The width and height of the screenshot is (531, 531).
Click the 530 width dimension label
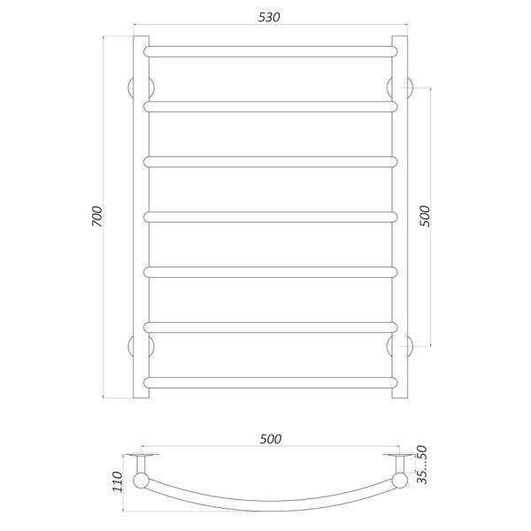[x=269, y=18]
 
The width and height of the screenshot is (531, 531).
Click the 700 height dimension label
[x=96, y=216]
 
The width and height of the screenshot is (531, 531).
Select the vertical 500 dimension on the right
[x=424, y=216]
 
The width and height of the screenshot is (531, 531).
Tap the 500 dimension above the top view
[x=271, y=439]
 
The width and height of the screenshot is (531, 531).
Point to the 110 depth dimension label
[x=117, y=482]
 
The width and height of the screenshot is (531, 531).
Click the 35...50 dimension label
[x=422, y=465]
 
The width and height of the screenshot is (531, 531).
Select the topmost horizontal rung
[x=270, y=51]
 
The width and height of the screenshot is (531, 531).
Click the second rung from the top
[x=270, y=107]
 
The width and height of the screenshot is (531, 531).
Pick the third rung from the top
[x=270, y=162]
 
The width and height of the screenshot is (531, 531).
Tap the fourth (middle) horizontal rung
[x=270, y=217]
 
